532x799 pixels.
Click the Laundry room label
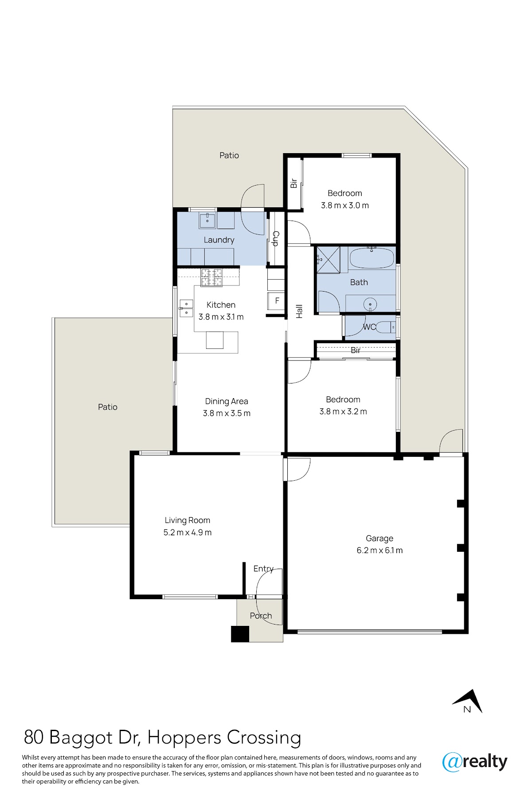219,240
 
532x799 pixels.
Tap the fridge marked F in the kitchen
277,301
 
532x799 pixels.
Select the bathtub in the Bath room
372,258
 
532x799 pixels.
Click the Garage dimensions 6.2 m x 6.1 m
379,550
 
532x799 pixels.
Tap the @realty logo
475,762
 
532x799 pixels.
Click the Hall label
299,311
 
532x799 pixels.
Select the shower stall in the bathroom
328,260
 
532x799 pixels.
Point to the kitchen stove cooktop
211,277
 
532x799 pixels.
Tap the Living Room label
187,520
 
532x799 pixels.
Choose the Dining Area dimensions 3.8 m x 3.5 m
227,413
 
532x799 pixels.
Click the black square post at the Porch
240,634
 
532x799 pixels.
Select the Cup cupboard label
275,238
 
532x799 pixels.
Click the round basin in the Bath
370,305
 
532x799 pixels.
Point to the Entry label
263,569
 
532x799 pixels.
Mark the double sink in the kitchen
186,308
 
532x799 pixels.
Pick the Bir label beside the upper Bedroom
293,183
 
